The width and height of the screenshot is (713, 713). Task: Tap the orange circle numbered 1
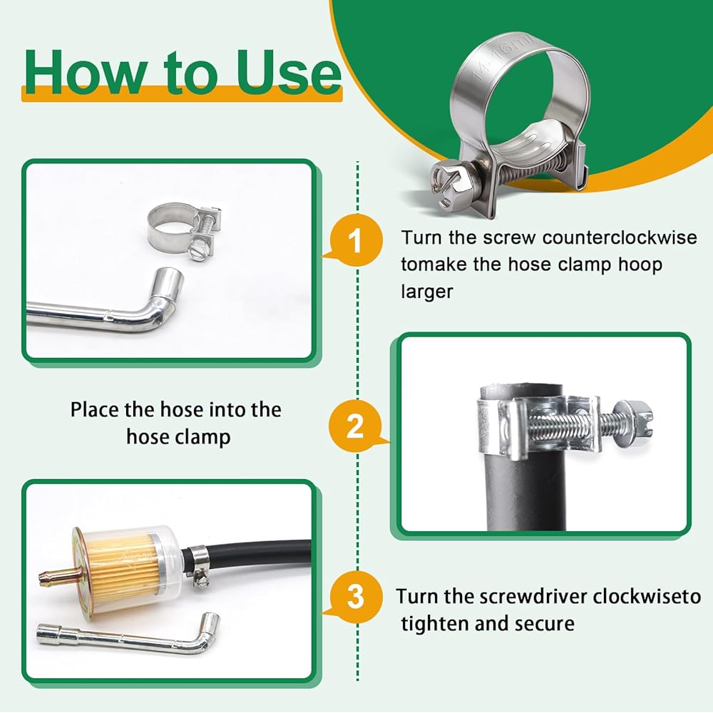tap(356, 240)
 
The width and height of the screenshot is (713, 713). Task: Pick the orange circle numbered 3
tap(356, 595)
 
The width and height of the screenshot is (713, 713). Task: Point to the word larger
tap(427, 292)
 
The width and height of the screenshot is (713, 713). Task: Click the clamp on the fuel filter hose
tap(198, 565)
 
